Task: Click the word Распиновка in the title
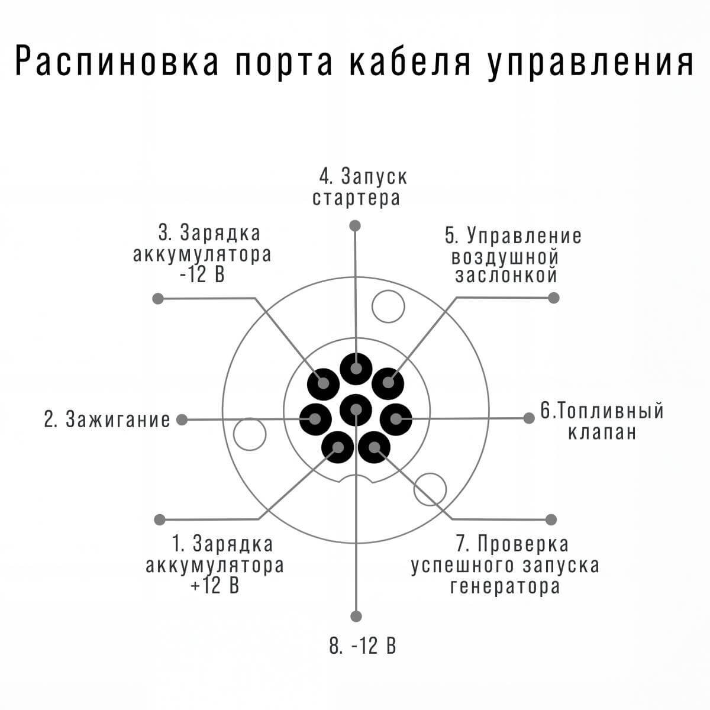tap(117, 61)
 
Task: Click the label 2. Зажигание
tap(107, 419)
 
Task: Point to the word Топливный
tap(608, 411)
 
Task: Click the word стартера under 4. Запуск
tap(356, 198)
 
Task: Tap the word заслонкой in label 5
tap(506, 275)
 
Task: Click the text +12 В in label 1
tap(215, 585)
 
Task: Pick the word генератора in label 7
tap(505, 586)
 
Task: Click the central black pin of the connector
tap(356, 409)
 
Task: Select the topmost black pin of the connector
tap(356, 369)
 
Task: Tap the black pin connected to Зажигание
tap(315, 419)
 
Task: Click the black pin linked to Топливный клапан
tap(396, 419)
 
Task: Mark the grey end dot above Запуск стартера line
tap(355, 226)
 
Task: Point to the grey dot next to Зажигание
tap(182, 419)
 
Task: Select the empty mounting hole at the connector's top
tap(388, 306)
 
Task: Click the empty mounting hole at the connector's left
tap(250, 434)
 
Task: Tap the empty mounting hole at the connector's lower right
tap(430, 489)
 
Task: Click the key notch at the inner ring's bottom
tap(356, 479)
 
